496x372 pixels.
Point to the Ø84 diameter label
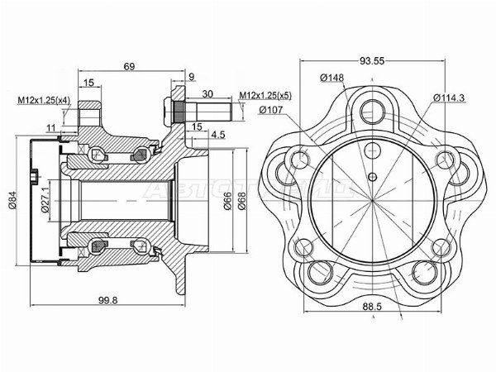coord(11,199)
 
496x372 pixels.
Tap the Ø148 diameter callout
coord(332,79)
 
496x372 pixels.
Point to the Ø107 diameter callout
coord(273,109)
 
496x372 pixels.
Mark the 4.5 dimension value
coord(218,133)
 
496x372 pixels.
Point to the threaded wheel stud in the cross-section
coord(198,108)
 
